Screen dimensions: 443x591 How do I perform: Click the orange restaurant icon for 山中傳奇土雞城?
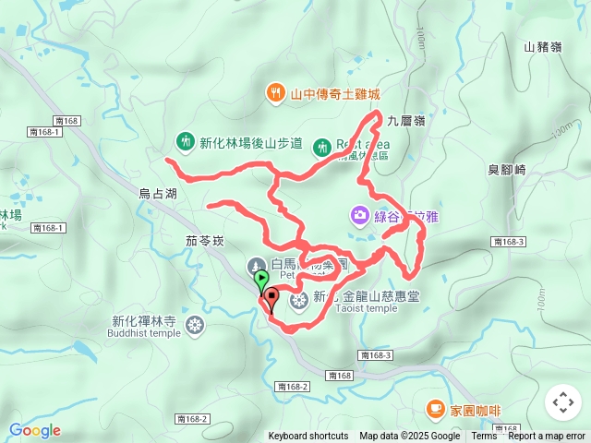276,93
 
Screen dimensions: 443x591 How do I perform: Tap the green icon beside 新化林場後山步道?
185,142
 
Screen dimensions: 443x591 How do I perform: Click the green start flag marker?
261,277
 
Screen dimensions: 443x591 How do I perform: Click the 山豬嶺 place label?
542,47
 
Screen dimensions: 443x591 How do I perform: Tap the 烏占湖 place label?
157,194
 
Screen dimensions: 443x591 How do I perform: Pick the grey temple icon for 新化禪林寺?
194,324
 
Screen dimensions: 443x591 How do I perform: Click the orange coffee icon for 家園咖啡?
434,408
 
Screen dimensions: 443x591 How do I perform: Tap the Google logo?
34,430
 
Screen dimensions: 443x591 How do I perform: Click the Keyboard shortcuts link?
308,437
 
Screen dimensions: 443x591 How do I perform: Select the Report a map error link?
549,437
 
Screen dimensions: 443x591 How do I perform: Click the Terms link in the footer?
484,437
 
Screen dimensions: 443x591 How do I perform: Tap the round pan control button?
563,402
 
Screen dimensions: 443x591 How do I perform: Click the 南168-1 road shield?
44,133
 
